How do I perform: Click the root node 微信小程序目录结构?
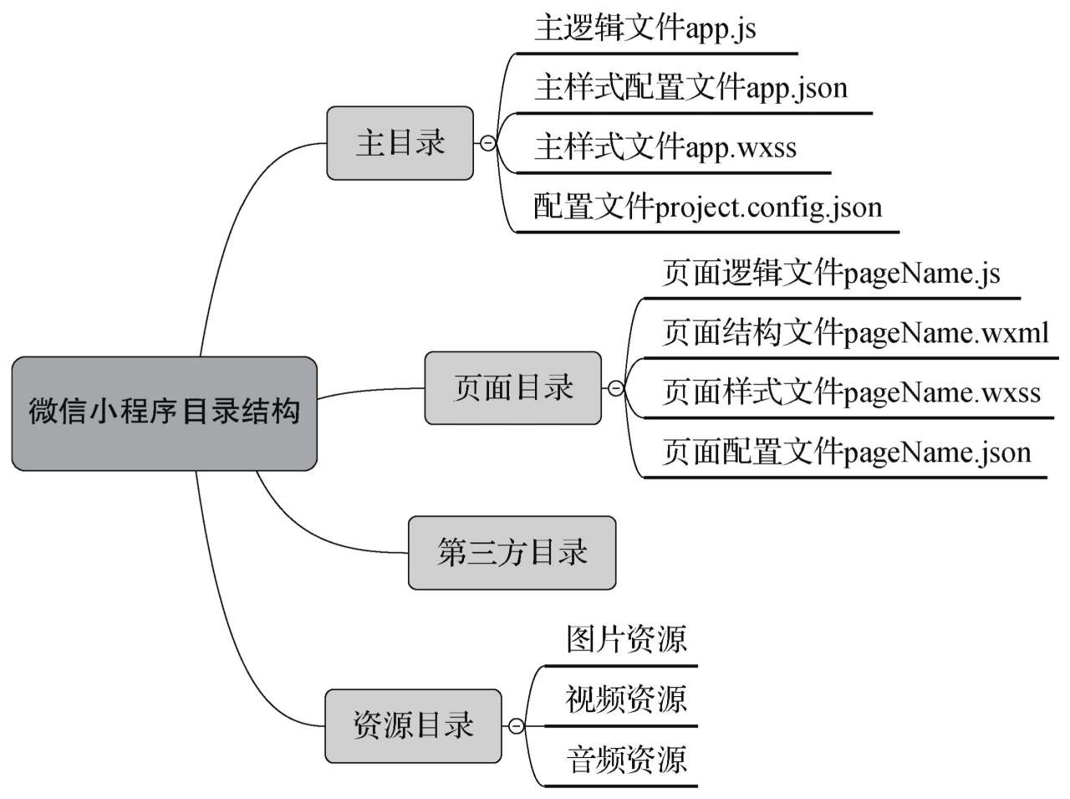click(x=164, y=413)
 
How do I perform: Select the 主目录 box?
click(x=400, y=143)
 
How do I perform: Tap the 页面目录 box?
click(x=512, y=388)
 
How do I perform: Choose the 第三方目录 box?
click(x=512, y=553)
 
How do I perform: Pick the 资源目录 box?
click(x=413, y=725)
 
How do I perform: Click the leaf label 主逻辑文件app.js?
click(x=645, y=28)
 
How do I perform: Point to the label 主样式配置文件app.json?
click(x=690, y=87)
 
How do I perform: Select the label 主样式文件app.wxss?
click(x=665, y=147)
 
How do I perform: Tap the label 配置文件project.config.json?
click(x=707, y=207)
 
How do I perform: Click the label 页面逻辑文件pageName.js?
click(x=831, y=274)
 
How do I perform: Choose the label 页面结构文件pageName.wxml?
click(x=855, y=333)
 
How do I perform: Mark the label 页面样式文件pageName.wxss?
click(x=851, y=392)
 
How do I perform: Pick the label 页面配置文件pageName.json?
click(x=846, y=453)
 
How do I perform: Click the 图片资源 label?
click(x=626, y=639)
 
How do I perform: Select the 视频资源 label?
click(x=626, y=699)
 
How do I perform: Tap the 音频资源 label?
click(x=626, y=760)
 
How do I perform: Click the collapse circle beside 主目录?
click(x=487, y=144)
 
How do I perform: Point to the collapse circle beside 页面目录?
click(x=615, y=388)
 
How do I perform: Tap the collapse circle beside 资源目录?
click(x=516, y=726)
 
